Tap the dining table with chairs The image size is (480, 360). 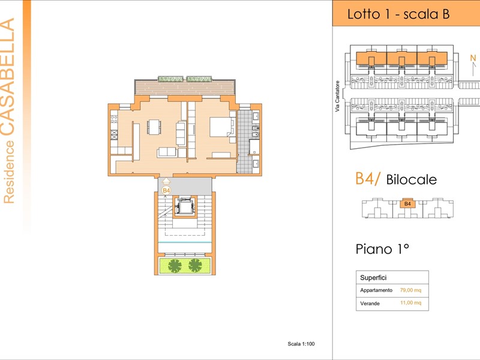point(154,127)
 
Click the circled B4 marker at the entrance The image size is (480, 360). point(166,190)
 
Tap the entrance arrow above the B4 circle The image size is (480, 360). point(166,181)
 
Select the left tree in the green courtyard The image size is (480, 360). point(175,265)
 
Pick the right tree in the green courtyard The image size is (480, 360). point(195,265)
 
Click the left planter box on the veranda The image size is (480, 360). point(171,79)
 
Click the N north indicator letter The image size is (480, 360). point(472,58)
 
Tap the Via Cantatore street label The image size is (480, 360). point(338,96)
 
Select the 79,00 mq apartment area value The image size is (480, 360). point(411,290)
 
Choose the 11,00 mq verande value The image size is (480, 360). point(411,304)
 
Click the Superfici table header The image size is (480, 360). point(373,278)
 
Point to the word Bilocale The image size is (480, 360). point(412,179)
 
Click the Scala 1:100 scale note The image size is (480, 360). point(301,344)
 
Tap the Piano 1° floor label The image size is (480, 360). point(382,249)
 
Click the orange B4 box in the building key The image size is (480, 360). point(407,203)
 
